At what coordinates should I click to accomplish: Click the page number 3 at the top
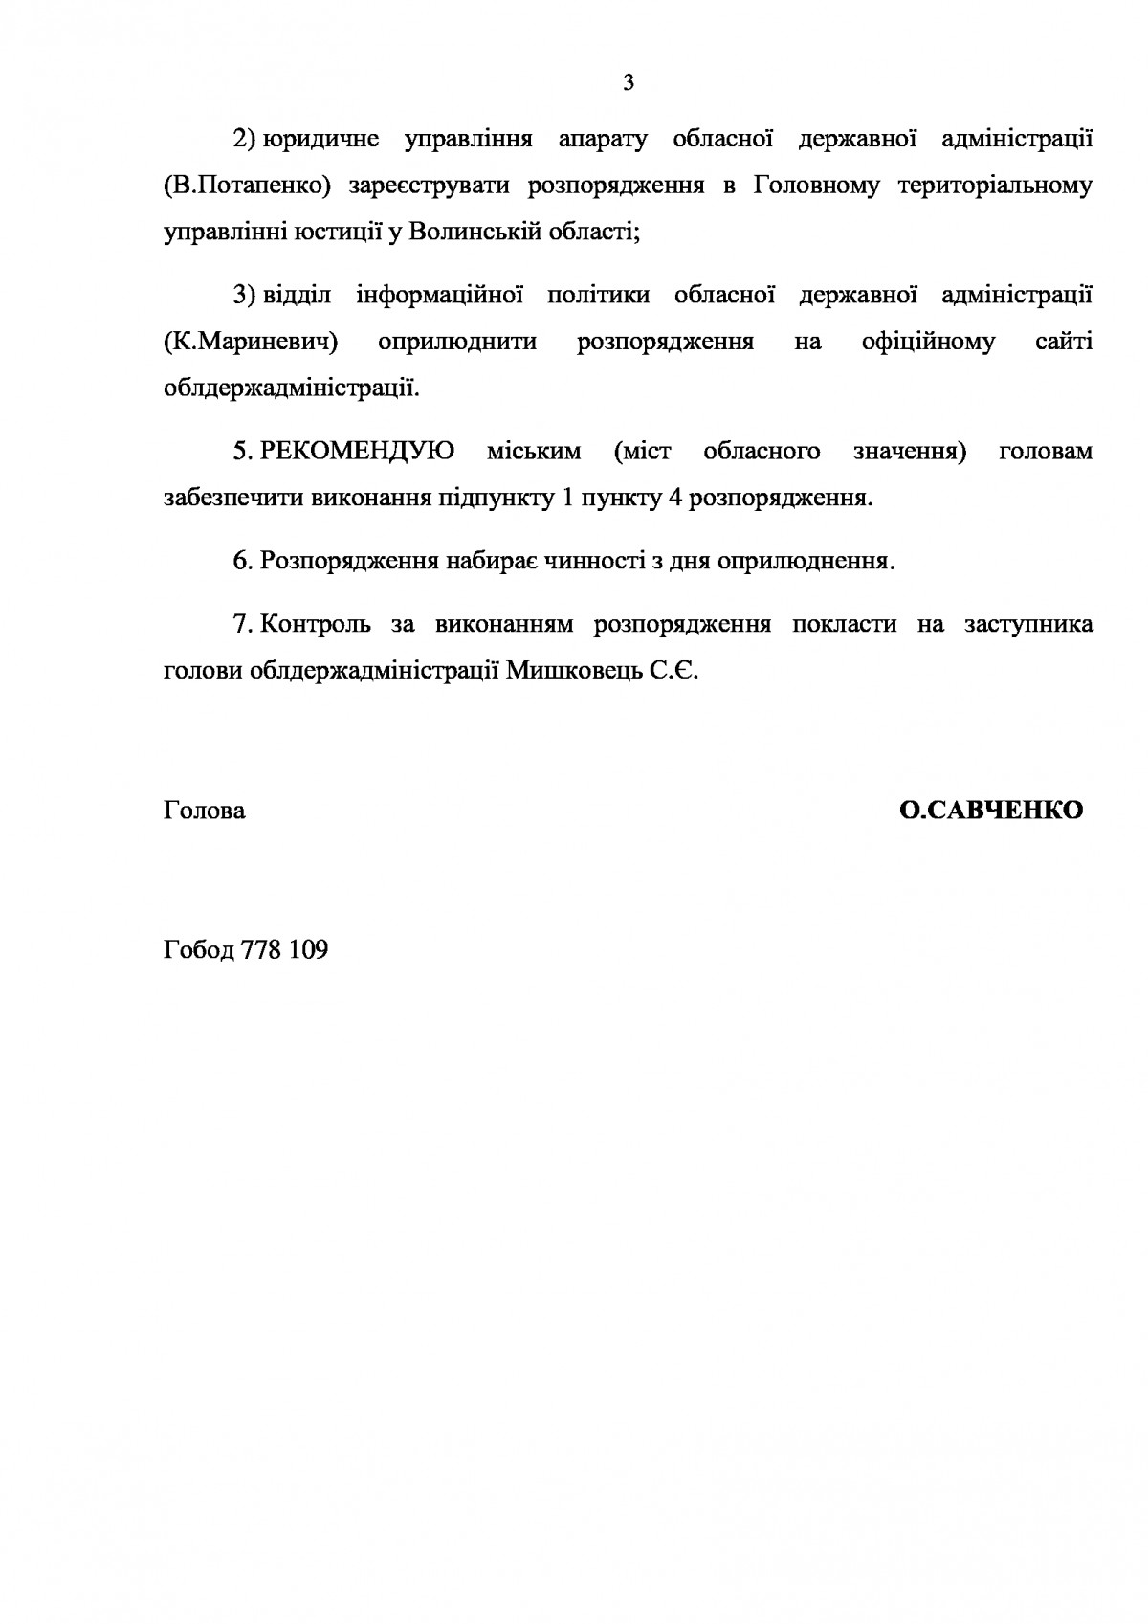coord(628,83)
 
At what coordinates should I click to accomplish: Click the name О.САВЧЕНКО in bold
coord(991,811)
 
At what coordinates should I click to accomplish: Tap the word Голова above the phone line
coord(205,811)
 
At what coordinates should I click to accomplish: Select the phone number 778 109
coord(286,950)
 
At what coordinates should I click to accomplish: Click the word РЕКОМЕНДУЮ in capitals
coord(357,451)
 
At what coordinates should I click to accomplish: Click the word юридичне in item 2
coord(320,140)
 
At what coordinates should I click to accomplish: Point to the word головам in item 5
coord(1045,451)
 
